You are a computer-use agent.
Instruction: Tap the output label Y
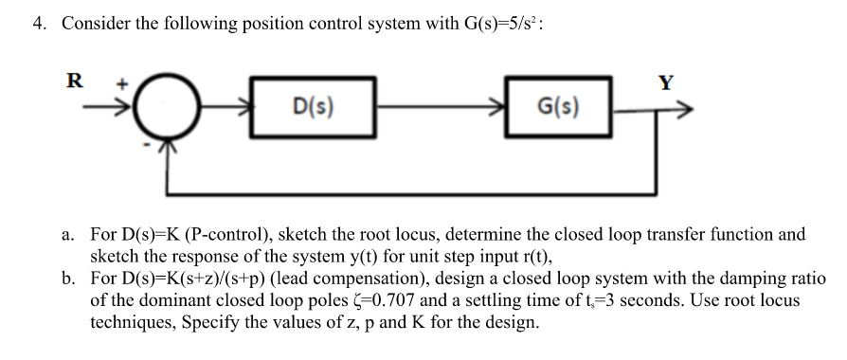pos(666,82)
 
